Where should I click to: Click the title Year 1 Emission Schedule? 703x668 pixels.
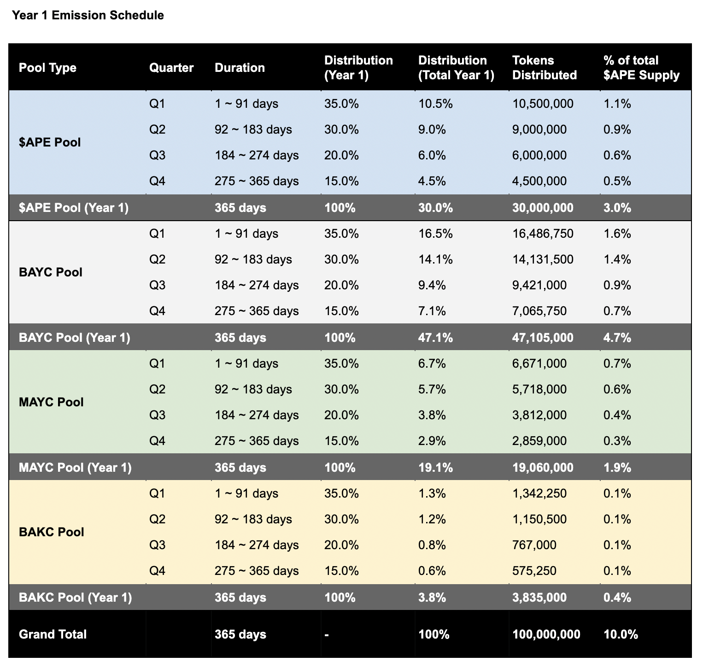(x=88, y=15)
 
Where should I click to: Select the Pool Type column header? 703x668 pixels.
(x=47, y=68)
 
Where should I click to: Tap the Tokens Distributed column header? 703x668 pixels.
(x=544, y=68)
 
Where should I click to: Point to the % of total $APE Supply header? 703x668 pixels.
(x=641, y=68)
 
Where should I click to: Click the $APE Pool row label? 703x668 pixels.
(x=50, y=142)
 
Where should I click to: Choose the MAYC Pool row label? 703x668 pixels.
(x=51, y=402)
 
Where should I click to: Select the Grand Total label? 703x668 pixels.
(x=53, y=634)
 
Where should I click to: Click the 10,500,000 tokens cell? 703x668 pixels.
(x=543, y=104)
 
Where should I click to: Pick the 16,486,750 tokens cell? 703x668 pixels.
(x=543, y=234)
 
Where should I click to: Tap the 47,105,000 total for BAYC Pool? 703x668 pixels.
(x=543, y=338)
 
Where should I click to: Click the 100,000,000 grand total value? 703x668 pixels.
(x=546, y=634)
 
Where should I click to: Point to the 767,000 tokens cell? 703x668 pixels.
(x=534, y=545)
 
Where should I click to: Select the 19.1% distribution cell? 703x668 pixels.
(x=435, y=468)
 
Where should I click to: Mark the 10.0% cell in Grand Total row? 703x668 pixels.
(x=621, y=634)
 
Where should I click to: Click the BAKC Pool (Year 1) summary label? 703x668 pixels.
(x=75, y=598)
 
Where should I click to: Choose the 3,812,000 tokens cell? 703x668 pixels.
(x=539, y=415)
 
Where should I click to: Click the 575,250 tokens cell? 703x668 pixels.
(x=534, y=571)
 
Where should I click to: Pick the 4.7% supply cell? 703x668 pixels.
(x=617, y=338)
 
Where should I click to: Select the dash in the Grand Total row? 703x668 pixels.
(x=327, y=635)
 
